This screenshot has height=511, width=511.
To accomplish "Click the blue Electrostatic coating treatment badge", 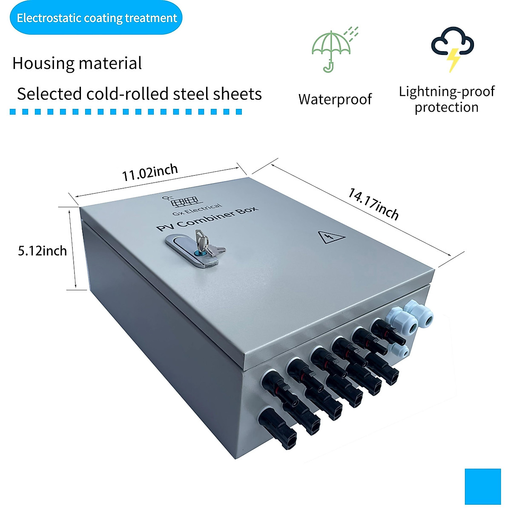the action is (x=96, y=18).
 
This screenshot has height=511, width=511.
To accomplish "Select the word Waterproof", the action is (x=335, y=99).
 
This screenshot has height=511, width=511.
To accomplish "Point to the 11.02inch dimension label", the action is (x=149, y=172).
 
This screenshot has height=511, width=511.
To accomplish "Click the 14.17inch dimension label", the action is (x=373, y=204).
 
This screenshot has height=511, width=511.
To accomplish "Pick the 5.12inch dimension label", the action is (x=42, y=251).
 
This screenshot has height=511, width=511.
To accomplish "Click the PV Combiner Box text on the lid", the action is (x=207, y=219).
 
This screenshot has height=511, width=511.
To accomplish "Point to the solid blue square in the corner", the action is (x=482, y=486).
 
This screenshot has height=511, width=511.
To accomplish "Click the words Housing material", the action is (x=77, y=63).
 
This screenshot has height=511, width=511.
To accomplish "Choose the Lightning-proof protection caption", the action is (x=447, y=99).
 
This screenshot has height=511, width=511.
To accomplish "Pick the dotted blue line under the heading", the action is (x=126, y=112).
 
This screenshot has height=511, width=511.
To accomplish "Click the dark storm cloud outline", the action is (x=453, y=42).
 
